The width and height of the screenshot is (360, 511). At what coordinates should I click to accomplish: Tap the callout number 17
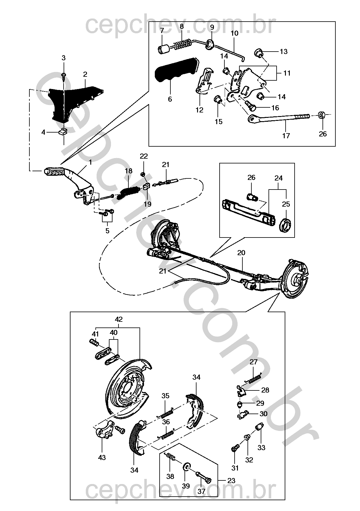tap(286, 136)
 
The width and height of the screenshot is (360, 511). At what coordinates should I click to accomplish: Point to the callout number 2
tap(85, 74)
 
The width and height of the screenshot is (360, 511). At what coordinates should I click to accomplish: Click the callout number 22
tap(144, 156)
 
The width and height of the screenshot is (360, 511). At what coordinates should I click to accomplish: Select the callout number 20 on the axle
tap(241, 253)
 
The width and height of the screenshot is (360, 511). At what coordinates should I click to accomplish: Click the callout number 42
tap(119, 319)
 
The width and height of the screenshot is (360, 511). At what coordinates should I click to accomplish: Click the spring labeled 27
tap(253, 379)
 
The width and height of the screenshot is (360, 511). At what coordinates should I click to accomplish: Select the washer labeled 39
tap(187, 466)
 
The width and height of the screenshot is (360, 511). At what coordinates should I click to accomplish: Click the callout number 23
tap(231, 481)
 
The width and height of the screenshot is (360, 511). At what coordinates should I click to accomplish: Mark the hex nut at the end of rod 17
tap(322, 115)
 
